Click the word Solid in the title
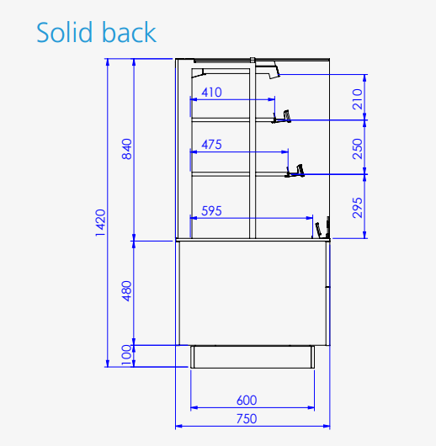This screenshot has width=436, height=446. tap(65, 32)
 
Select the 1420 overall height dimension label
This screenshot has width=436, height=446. tap(100, 223)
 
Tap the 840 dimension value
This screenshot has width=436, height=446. tap(127, 149)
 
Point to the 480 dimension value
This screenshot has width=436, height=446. tap(127, 291)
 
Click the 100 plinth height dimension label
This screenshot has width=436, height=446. tap(126, 355)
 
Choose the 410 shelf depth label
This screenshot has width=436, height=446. tap(211, 93)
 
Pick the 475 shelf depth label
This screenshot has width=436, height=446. tap(211, 145)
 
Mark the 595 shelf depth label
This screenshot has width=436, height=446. tap(211, 211)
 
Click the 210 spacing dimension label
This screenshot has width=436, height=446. tap(358, 99)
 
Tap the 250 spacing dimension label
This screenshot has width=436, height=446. tap(358, 149)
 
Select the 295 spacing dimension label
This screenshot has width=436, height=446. tap(358, 208)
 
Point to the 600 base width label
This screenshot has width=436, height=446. tap(247, 401)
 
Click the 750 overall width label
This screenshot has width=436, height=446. tap(247, 419)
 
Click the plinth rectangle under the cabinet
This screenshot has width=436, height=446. tap(253, 357)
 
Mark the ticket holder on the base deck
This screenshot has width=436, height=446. tap(322, 228)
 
